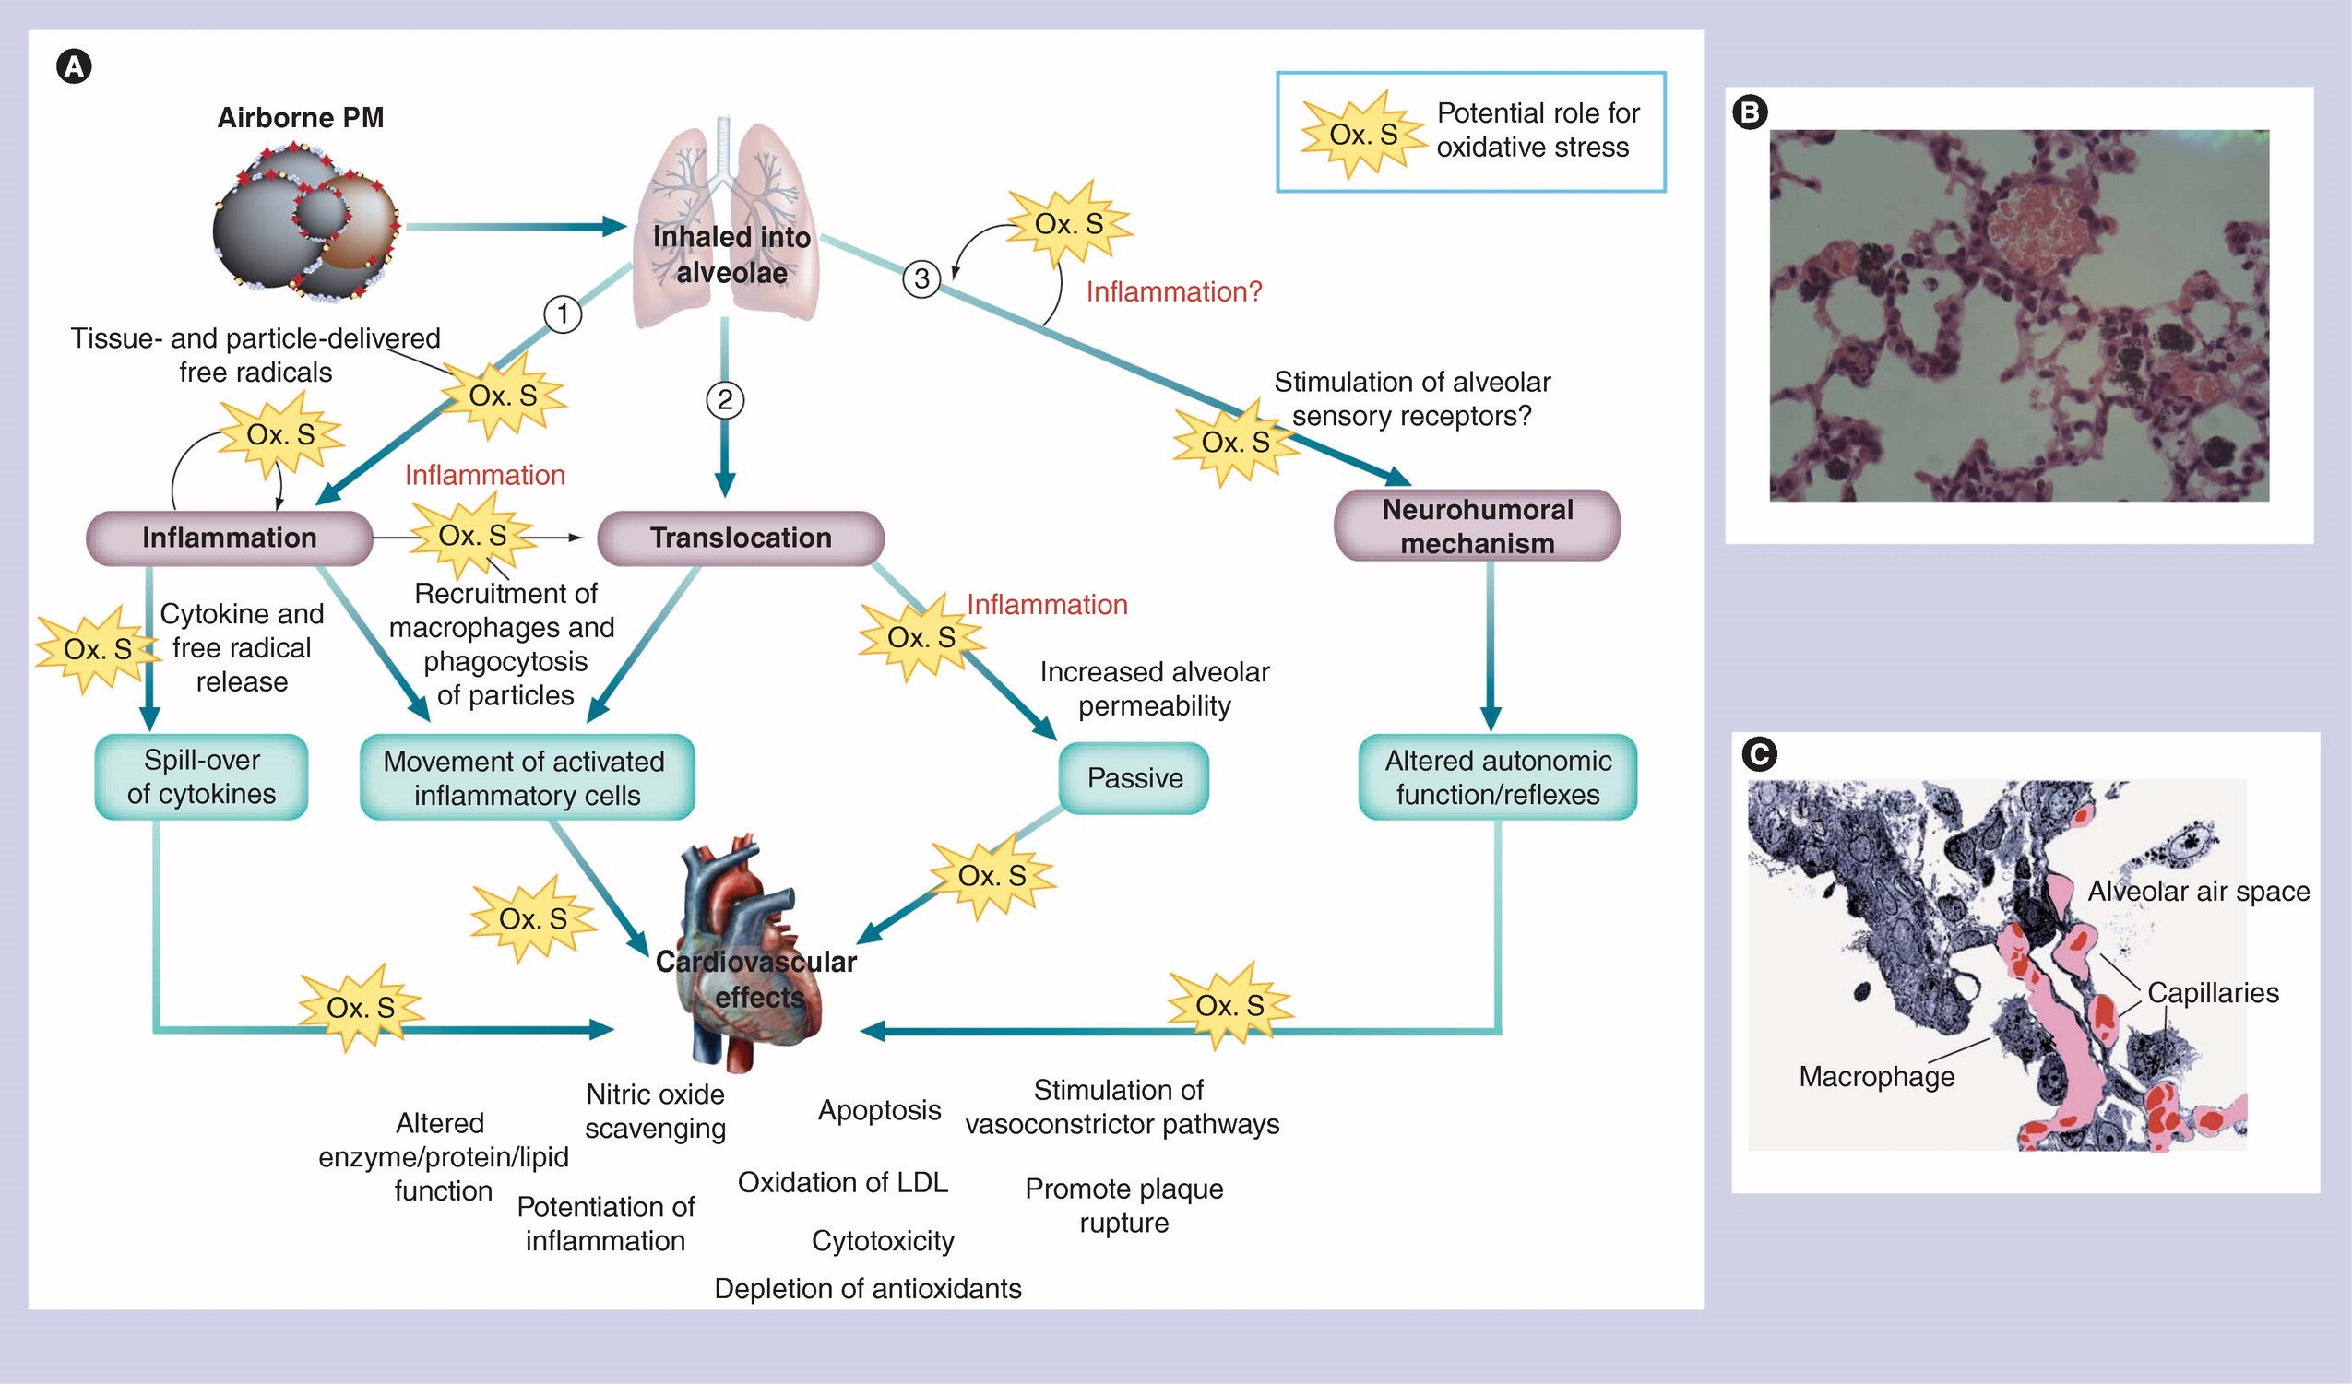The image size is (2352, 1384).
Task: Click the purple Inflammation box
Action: click(x=230, y=538)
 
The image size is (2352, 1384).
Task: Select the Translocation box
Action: click(x=740, y=538)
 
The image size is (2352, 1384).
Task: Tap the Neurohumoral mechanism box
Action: click(x=1478, y=526)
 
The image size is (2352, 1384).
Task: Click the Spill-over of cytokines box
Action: click(x=202, y=776)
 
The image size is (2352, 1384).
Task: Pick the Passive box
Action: click(x=1134, y=777)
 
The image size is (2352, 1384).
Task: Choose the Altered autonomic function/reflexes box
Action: click(x=1497, y=777)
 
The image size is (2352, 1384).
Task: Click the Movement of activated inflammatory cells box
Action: click(x=527, y=777)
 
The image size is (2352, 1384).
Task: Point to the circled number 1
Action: click(x=563, y=313)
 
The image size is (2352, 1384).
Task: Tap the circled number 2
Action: click(x=724, y=400)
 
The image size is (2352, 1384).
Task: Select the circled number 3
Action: click(x=921, y=278)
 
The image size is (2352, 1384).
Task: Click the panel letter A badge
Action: click(x=75, y=67)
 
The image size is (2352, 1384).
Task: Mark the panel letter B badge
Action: click(x=1750, y=112)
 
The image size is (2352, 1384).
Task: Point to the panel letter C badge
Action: click(x=1759, y=754)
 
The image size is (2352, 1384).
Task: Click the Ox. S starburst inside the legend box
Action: click(x=1363, y=135)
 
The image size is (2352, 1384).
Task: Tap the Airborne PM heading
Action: click(x=301, y=118)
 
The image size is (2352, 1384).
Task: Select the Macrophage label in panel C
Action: click(x=1876, y=1076)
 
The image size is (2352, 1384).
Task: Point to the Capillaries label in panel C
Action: click(x=2213, y=992)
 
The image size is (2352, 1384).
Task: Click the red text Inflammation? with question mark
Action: click(x=1173, y=292)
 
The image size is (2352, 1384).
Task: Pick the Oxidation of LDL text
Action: click(x=842, y=1182)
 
